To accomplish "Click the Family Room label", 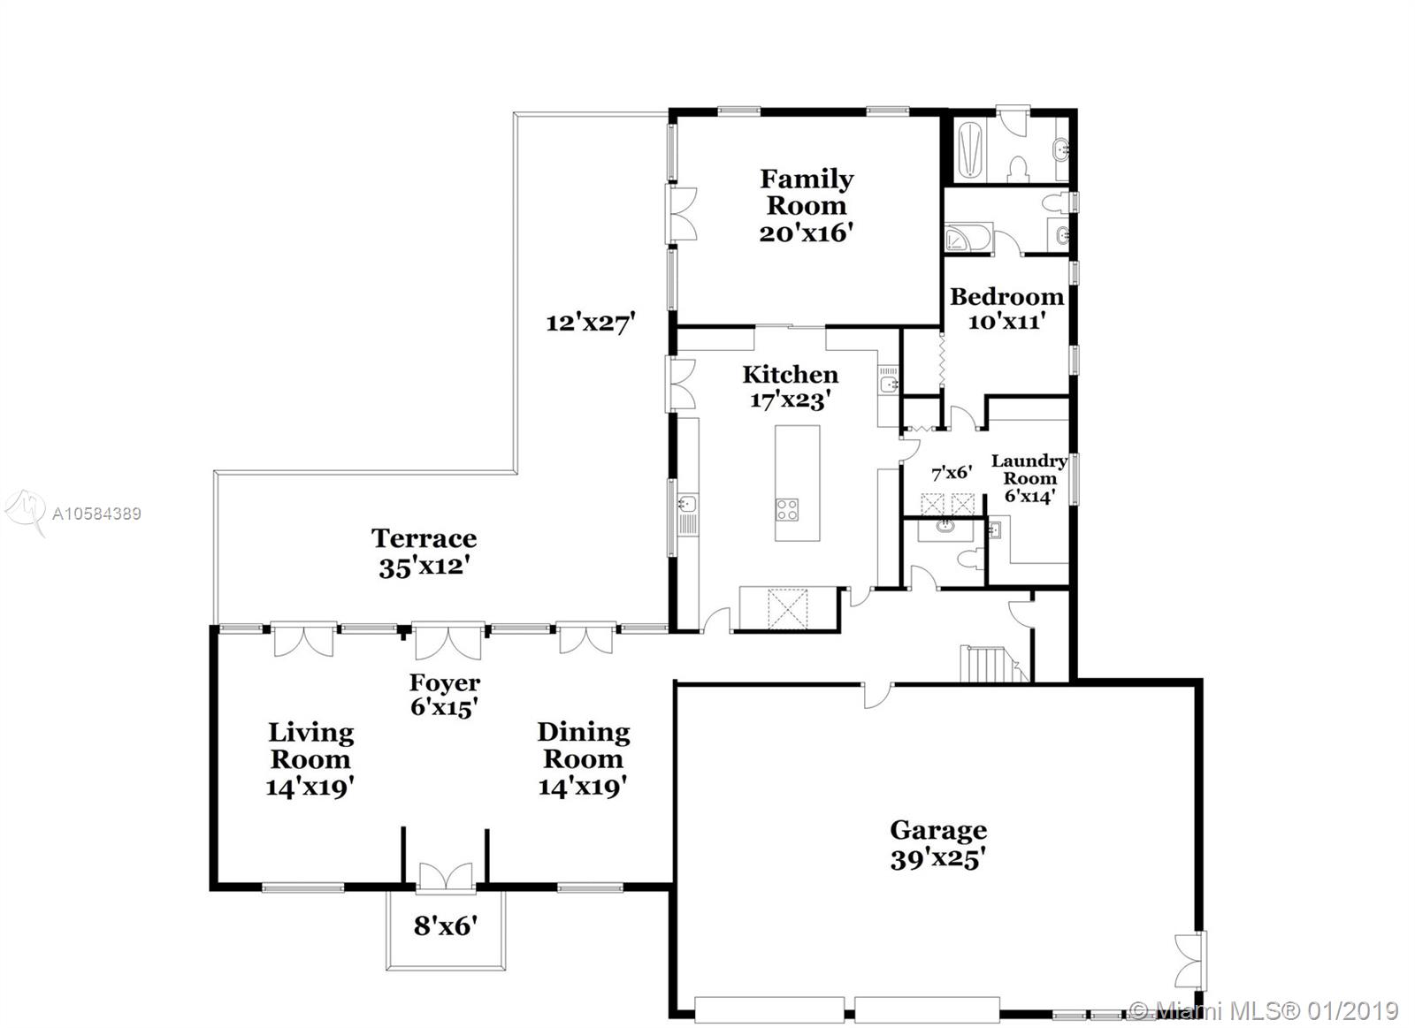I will pos(806,192).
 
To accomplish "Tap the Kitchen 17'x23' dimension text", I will pos(789,400).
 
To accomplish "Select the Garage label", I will pos(937,830).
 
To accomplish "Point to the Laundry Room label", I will pos(1029,469).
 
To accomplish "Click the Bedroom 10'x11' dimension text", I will pos(1006,322).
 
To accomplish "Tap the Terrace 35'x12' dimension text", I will pos(423,567).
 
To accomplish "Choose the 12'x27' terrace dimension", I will pos(591,323).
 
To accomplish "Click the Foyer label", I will pos(444,682).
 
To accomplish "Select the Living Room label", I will pos(310,745).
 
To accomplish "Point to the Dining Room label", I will pos(583,745).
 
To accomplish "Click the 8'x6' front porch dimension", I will pos(445,925).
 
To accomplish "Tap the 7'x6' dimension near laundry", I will pos(952,473).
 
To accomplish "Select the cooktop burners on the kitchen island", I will pos(787,509).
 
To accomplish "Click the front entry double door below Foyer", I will pos(446,876).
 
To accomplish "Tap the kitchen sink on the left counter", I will pos(687,505).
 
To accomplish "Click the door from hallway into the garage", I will pos(877,692).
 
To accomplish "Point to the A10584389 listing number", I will pos(96,514).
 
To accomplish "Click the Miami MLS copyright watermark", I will pos(1265,1009).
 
